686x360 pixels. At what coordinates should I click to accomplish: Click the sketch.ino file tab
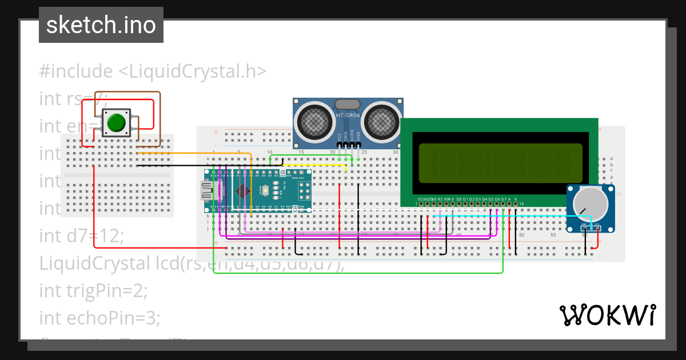coord(101,25)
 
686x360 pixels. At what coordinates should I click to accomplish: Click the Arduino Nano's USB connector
coord(206,191)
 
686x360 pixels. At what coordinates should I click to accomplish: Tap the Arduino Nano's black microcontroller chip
coord(244,191)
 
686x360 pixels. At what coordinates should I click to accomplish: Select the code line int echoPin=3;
coord(100,317)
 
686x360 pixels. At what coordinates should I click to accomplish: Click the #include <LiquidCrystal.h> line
coord(153,71)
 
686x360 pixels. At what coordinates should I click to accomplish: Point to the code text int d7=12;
coord(81,235)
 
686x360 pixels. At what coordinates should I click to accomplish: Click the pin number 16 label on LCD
coord(521,203)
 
